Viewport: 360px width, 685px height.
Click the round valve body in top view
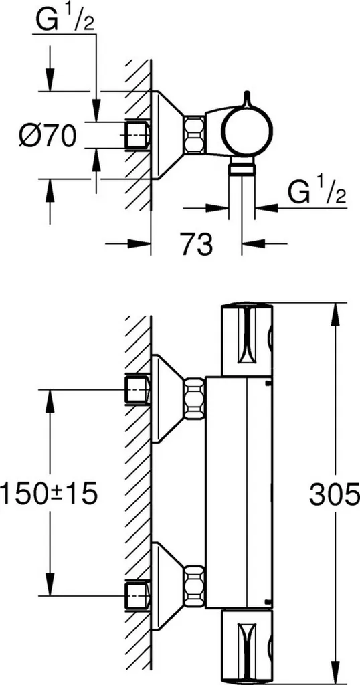246,131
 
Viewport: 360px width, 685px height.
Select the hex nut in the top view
194,134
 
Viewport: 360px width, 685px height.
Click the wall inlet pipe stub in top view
137,134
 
